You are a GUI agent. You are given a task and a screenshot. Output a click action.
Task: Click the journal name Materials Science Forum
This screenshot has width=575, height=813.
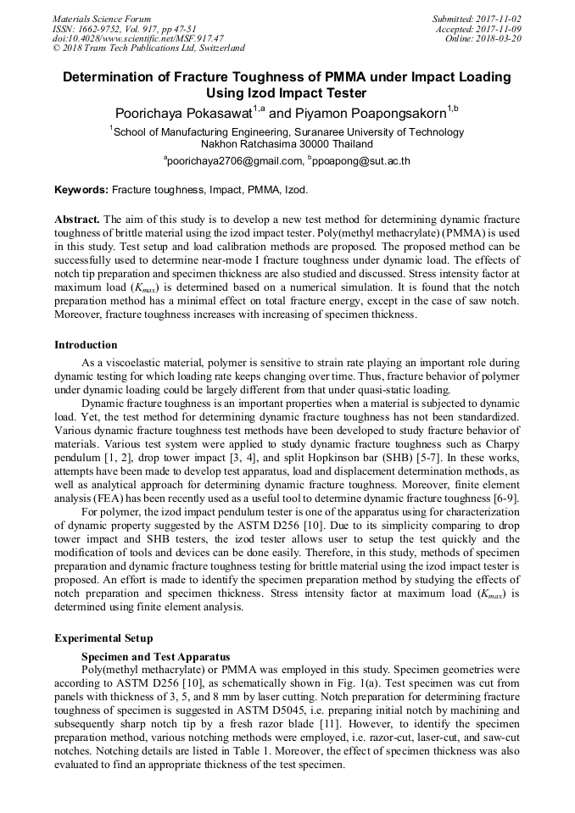pos(102,18)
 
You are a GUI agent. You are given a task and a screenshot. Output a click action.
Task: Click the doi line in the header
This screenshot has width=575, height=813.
pos(138,38)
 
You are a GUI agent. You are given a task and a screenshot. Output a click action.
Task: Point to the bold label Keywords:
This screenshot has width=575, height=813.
pos(81,191)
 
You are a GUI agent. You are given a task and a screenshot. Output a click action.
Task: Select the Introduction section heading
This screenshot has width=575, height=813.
pos(86,345)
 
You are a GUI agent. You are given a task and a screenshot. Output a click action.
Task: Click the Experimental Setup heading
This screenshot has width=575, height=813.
pos(103,638)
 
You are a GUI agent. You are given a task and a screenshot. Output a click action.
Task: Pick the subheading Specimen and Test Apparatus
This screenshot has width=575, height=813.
pos(155,656)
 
